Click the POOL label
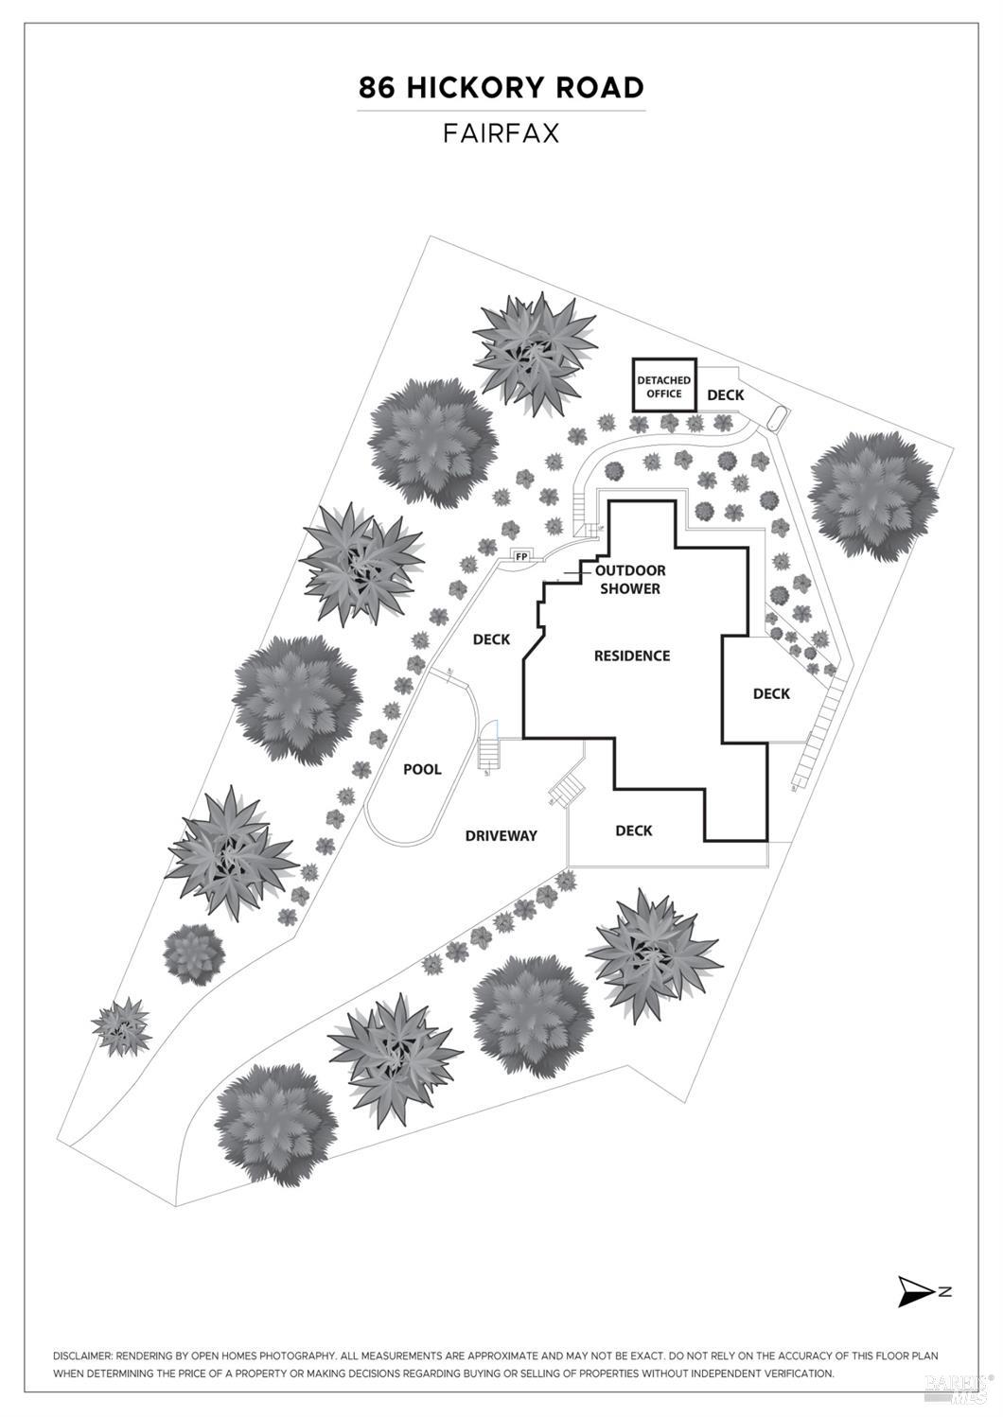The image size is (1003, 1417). [422, 769]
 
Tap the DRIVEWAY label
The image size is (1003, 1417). [501, 835]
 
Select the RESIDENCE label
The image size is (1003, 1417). [631, 656]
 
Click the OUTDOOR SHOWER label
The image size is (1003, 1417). [629, 579]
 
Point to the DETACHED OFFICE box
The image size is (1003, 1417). [663, 386]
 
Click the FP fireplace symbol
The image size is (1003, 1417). [520, 556]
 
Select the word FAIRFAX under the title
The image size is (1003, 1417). [501, 133]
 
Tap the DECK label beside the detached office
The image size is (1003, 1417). [726, 394]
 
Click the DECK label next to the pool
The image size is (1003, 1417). [491, 639]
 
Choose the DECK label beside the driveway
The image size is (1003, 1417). [633, 831]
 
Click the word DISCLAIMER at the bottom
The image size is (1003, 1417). [82, 1356]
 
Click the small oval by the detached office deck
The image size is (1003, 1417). [777, 416]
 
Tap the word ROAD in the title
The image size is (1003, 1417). [600, 88]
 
